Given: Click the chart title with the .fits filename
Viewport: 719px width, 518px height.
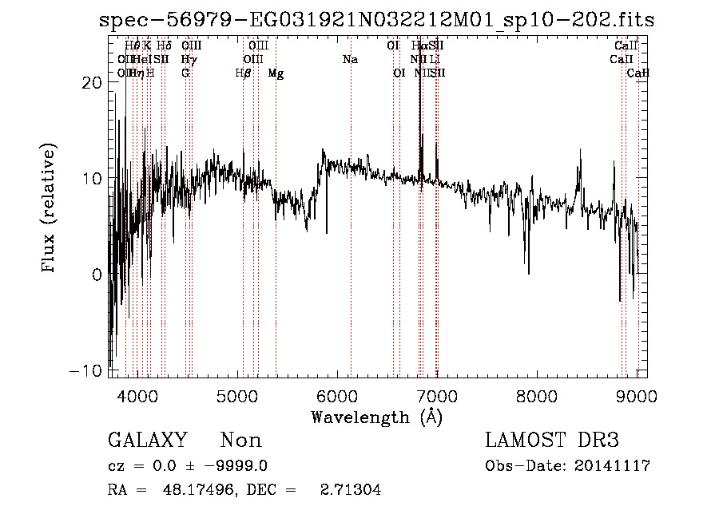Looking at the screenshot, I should point(376,21).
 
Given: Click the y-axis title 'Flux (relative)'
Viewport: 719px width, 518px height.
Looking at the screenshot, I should point(50,209).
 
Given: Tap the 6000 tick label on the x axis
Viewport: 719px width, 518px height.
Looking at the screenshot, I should point(337,396).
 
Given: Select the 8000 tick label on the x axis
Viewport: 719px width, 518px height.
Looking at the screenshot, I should point(537,396).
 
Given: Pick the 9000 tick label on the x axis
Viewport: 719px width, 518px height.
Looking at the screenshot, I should point(637,396).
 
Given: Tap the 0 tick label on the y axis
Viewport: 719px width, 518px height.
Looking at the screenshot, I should point(96,275).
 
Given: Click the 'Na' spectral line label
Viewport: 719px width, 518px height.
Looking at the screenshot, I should point(350,60).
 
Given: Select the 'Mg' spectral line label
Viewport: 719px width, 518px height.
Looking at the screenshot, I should point(276,73).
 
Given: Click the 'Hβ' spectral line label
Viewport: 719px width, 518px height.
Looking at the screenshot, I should point(243,73).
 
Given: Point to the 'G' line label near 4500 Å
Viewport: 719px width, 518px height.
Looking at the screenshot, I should point(185,73).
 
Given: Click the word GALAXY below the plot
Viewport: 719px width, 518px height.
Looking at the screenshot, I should point(147,441).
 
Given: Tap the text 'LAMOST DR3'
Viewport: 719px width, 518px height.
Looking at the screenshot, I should point(551,441).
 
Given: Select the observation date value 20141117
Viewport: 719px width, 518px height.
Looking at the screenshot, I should point(612,466).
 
